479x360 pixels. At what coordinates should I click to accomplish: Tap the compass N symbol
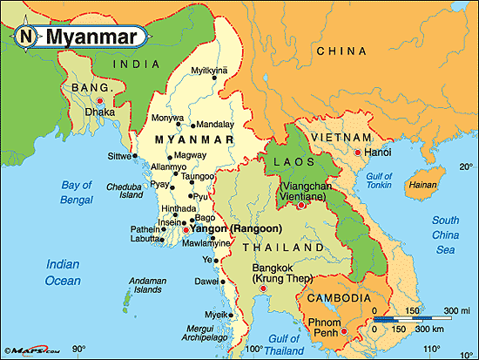tap(27, 37)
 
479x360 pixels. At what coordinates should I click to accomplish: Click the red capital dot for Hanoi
tap(355, 153)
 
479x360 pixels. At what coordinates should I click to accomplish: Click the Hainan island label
tap(422, 185)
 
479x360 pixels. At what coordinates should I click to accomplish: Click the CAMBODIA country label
tap(334, 299)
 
